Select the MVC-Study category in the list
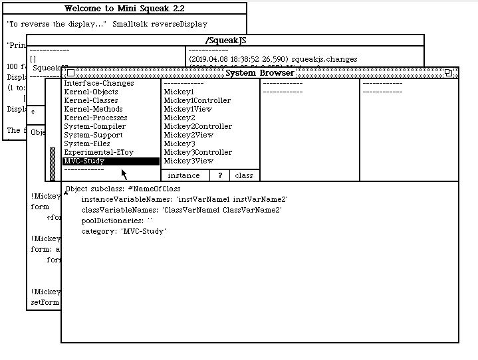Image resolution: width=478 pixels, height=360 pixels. [x=84, y=161]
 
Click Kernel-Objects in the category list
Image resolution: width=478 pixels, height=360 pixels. [x=90, y=92]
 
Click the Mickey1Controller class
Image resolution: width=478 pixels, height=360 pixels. [x=197, y=101]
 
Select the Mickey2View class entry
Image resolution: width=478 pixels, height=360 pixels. [x=188, y=135]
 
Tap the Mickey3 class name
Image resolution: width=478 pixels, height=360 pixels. [x=179, y=144]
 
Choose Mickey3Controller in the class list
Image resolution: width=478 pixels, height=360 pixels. [x=197, y=153]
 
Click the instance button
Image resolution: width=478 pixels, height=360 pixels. [x=184, y=176]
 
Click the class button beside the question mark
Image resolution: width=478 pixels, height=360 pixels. [x=244, y=176]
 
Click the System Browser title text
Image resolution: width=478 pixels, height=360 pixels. [x=259, y=73]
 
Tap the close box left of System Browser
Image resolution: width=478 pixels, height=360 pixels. [x=71, y=73]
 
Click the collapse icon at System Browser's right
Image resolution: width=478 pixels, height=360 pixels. [x=448, y=73]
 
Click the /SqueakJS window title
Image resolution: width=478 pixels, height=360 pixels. [x=225, y=41]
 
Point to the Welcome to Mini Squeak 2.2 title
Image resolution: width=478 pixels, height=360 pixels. [x=124, y=9]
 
